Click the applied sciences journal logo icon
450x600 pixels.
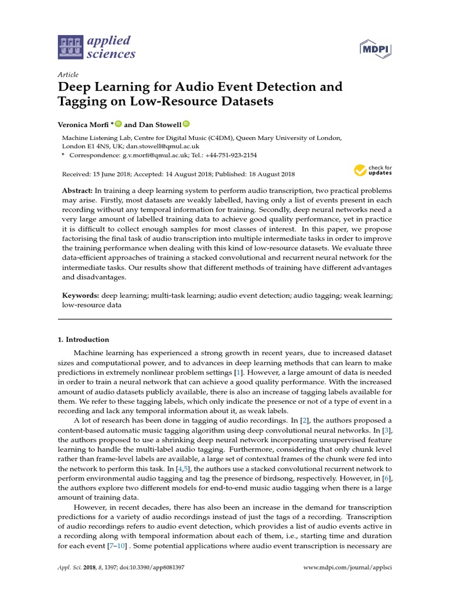pyautogui.click(x=70, y=47)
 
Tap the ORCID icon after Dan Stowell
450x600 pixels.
pyautogui.click(x=187, y=124)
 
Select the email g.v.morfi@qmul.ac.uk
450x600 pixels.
pyautogui.click(x=155, y=155)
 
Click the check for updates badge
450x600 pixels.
pyautogui.click(x=373, y=171)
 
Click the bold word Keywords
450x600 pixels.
pyautogui.click(x=80, y=296)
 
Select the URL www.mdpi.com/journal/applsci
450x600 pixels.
pyautogui.click(x=348, y=568)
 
